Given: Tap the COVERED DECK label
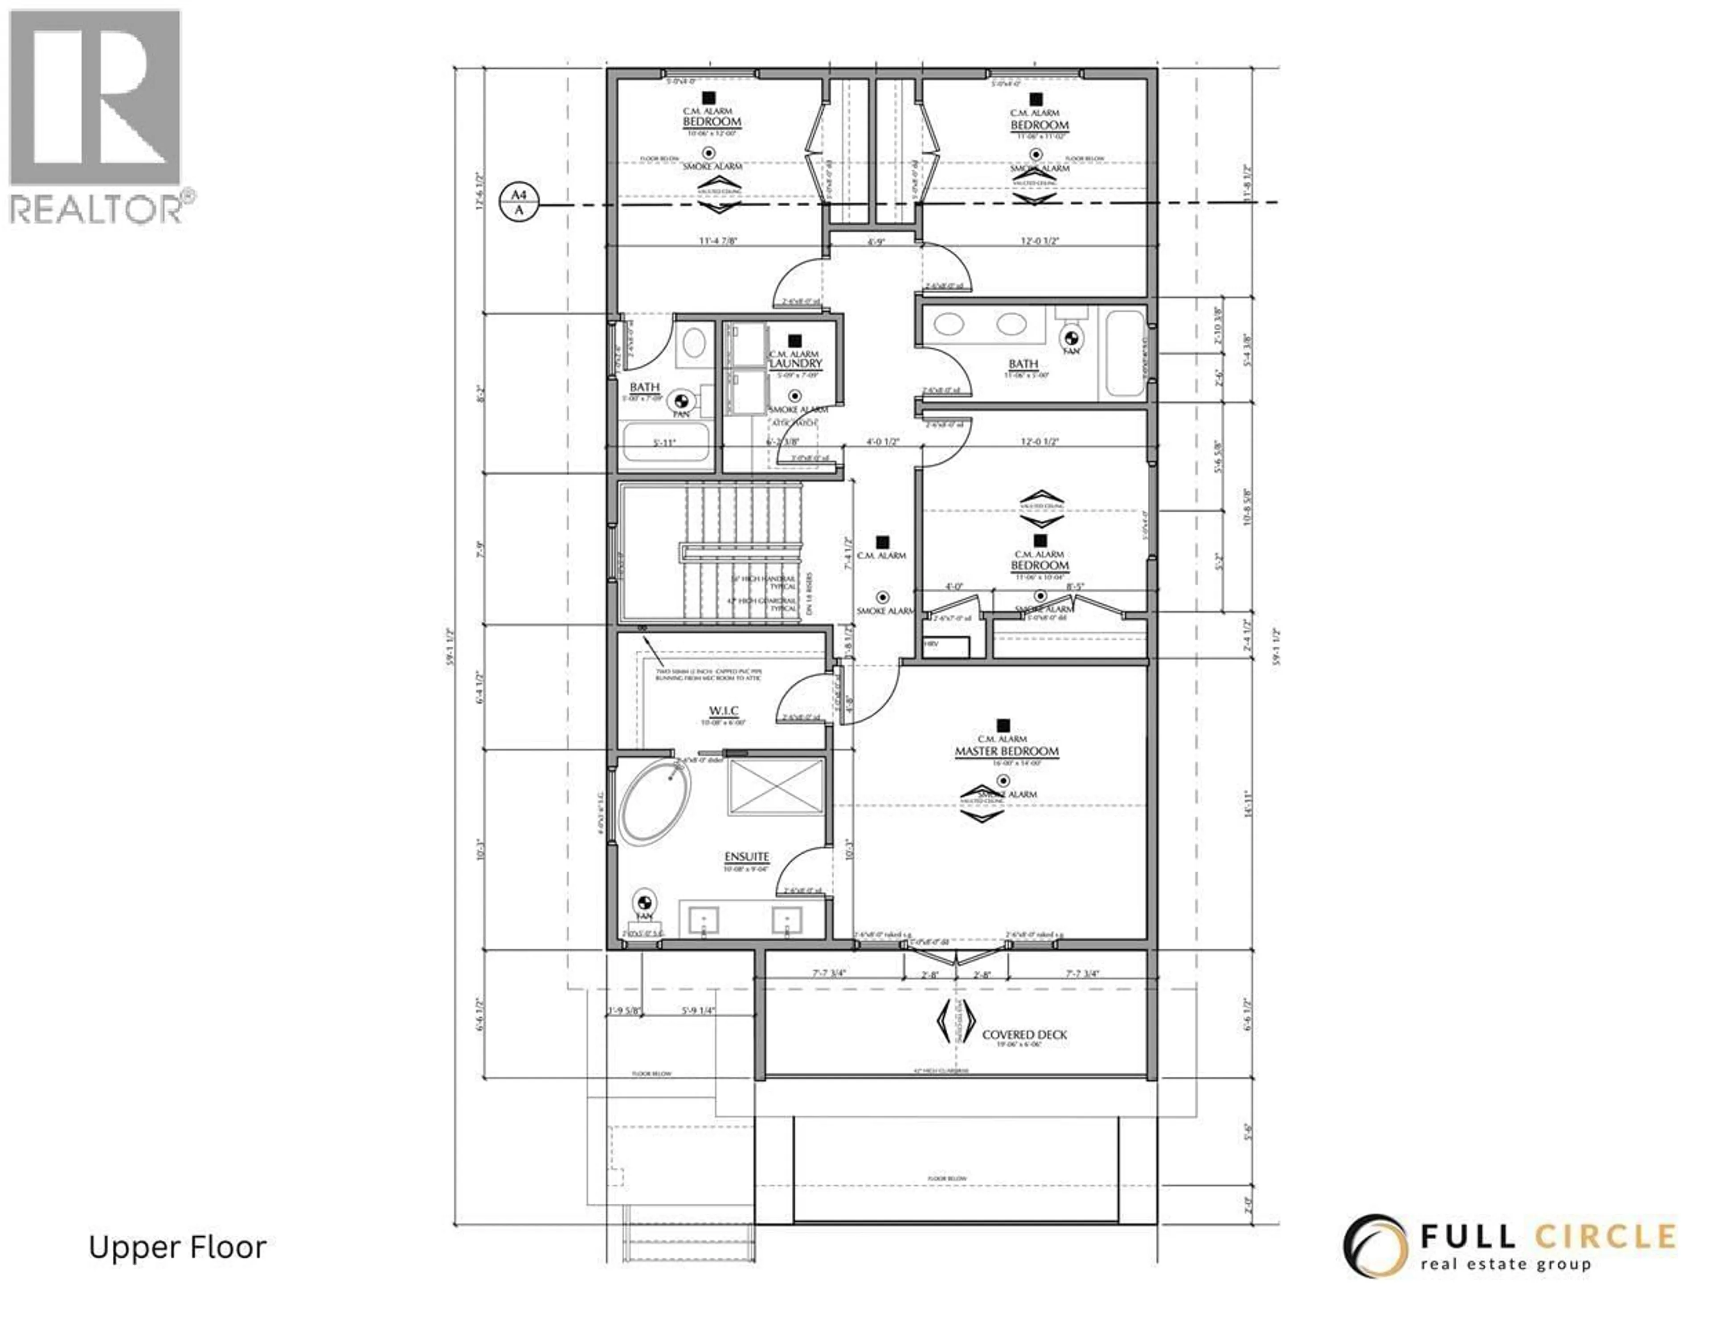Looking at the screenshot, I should pyautogui.click(x=1024, y=1034).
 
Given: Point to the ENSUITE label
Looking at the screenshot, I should pyautogui.click(x=746, y=857).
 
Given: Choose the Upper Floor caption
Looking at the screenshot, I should pyautogui.click(x=177, y=1247).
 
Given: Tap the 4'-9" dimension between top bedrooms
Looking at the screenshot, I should pyautogui.click(x=876, y=242).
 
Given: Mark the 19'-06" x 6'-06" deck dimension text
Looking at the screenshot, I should pyautogui.click(x=1024, y=1045).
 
